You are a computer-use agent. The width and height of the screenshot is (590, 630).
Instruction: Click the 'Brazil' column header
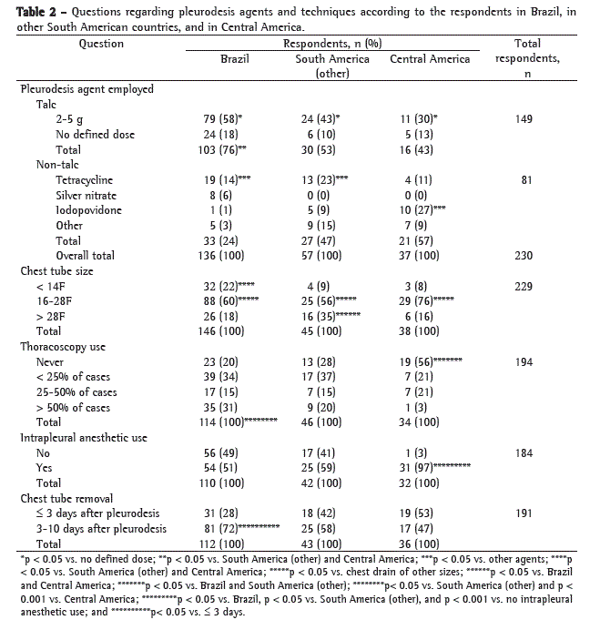[235, 59]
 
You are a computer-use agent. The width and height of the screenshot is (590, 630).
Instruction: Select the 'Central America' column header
[430, 59]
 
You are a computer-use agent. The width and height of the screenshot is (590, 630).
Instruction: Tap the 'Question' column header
[102, 44]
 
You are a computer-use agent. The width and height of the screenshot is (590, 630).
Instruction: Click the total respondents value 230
[523, 256]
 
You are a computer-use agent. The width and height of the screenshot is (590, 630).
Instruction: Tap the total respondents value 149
[523, 119]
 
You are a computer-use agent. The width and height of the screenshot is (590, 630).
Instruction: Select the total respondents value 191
[523, 513]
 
